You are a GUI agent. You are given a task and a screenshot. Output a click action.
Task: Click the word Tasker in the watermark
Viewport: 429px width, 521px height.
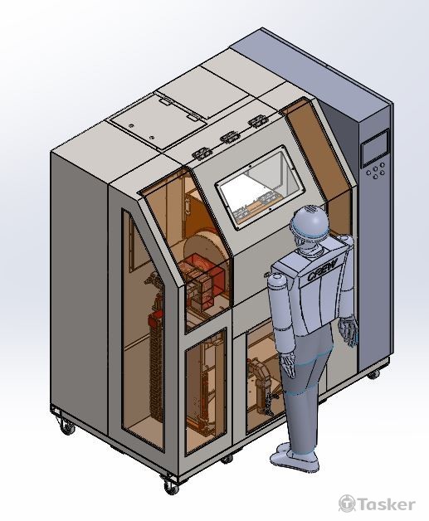click(386, 504)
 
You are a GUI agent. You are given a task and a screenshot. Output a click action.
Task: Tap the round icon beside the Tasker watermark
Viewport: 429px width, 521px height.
click(347, 504)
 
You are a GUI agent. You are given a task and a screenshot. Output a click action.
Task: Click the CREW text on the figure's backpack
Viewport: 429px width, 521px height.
click(322, 270)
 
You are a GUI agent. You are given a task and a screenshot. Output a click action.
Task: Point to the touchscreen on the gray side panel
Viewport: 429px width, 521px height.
click(375, 148)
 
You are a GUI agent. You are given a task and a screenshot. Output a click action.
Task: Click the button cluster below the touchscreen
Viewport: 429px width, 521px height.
click(376, 170)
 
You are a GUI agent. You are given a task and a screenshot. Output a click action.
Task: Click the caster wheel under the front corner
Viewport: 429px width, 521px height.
click(171, 486)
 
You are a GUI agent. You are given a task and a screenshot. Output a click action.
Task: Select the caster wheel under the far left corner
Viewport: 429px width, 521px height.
click(67, 427)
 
